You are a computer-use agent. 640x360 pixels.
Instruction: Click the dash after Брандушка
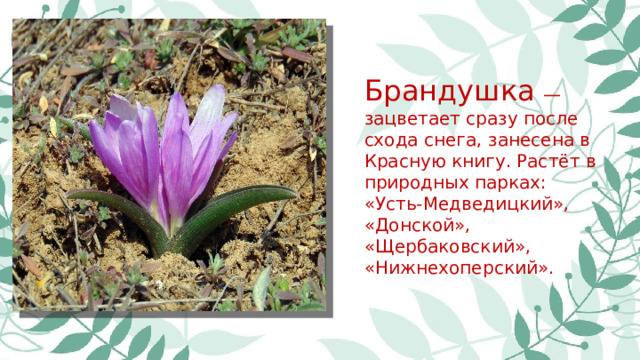click(551, 95)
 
